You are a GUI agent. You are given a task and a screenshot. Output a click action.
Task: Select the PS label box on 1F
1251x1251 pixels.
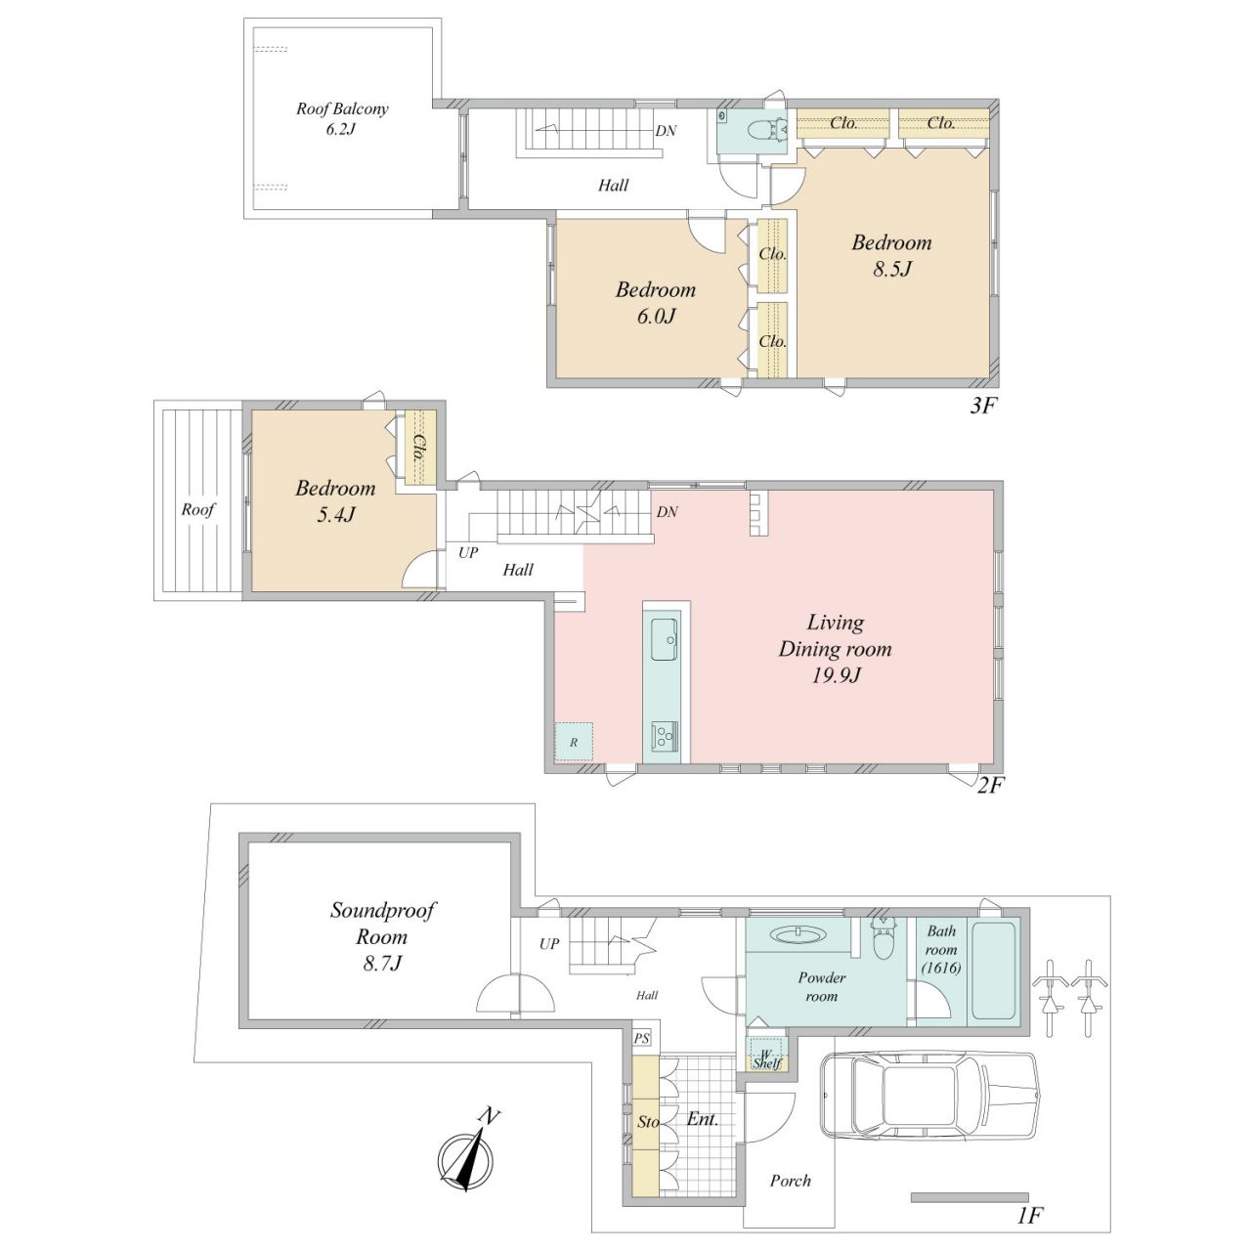pos(641,1039)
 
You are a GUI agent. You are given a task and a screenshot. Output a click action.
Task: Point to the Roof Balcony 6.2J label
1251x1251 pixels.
pos(341,119)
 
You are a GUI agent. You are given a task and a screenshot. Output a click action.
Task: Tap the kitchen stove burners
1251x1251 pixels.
pos(665,736)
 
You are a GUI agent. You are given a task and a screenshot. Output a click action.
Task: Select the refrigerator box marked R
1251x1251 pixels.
pos(574,741)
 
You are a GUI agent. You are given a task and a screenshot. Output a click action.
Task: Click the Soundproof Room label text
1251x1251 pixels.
pos(382,937)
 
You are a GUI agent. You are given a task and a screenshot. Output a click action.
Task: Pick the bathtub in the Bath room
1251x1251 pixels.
pos(993,971)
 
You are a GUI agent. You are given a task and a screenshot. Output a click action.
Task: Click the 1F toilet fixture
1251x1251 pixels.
pos(883,939)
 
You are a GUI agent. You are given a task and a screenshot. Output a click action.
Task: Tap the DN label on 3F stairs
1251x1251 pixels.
pos(666,131)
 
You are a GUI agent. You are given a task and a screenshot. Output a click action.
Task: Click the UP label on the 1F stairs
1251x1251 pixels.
pos(549,943)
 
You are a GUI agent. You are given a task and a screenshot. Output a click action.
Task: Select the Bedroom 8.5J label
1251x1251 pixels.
pos(891,255)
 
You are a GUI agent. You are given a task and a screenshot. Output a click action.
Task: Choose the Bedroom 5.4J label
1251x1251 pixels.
pos(335,501)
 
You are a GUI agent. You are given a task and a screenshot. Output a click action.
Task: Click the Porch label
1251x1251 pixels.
pos(790,1181)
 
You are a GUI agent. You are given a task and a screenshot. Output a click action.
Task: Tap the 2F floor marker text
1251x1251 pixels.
pos(991,786)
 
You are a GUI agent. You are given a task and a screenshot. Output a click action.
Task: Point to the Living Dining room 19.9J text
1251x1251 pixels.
pos(835,649)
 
